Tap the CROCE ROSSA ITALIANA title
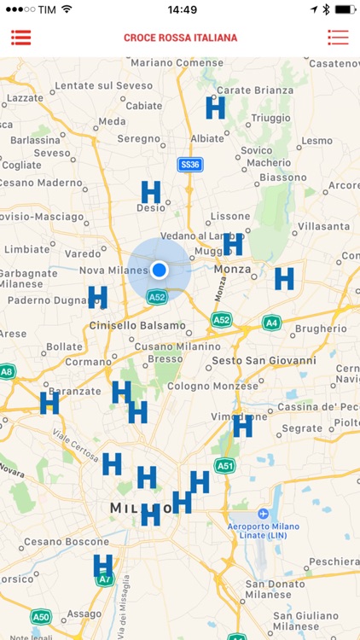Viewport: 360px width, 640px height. [180, 38]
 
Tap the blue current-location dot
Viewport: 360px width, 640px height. [159, 270]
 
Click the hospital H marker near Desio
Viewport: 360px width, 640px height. [151, 192]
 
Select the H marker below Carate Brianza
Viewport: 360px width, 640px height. [215, 108]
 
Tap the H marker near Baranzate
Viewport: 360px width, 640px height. [49, 402]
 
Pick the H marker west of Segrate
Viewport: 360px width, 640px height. [242, 426]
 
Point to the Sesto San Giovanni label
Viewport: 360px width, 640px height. [263, 361]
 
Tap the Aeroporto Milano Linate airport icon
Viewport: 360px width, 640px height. [263, 514]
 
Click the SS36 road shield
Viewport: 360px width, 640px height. [189, 164]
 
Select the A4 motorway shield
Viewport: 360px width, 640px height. [271, 323]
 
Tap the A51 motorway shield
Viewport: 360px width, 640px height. [225, 465]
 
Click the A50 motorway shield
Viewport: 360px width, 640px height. [40, 616]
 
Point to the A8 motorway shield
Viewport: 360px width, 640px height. [7, 371]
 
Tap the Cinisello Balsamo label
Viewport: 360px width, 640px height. [137, 325]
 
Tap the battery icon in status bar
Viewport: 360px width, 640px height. [345, 9]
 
